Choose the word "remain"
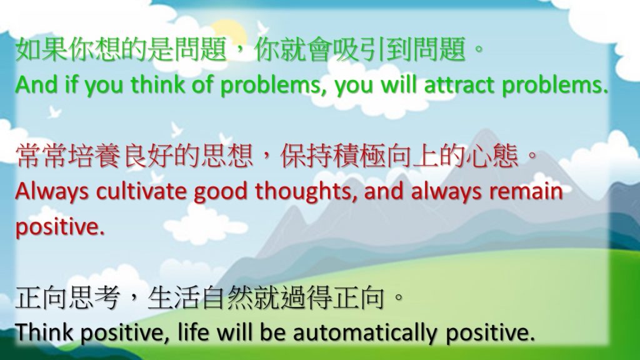tap(526, 191)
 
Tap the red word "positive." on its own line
tap(59, 227)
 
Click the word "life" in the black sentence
tap(193, 332)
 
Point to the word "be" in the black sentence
tap(272, 332)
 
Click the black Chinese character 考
tap(107, 298)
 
